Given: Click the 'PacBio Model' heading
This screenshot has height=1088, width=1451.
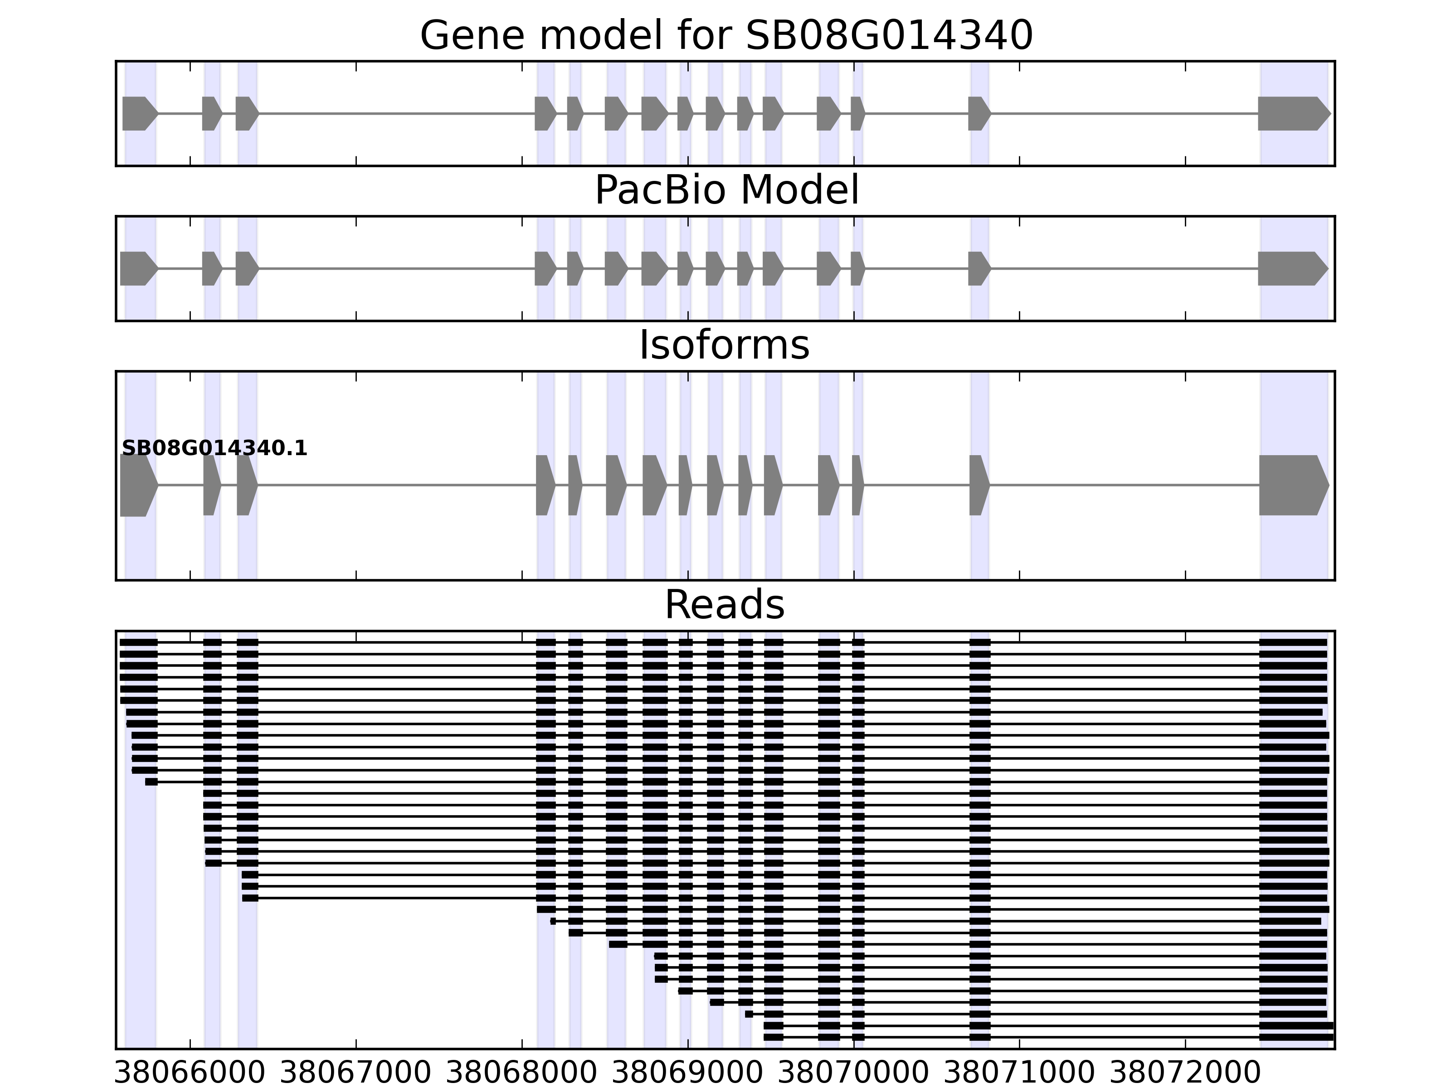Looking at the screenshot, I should [725, 191].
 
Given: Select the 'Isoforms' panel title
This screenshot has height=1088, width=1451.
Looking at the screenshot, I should [724, 345].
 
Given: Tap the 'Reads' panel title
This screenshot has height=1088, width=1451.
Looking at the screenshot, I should [724, 605].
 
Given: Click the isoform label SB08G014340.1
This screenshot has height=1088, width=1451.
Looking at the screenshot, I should [214, 449].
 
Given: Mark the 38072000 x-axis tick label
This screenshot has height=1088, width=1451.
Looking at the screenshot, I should [1185, 1073].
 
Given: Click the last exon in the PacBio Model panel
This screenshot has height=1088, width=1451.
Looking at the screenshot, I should [1290, 268].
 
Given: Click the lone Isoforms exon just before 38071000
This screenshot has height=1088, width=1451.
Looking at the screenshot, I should [978, 486].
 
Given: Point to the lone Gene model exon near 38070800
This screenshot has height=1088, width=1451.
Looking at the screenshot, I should [978, 113].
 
